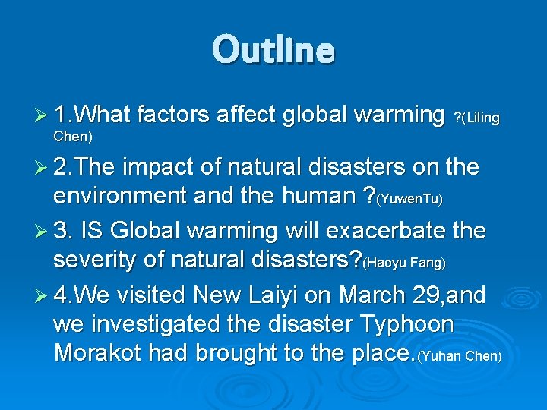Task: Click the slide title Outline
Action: [x=273, y=49]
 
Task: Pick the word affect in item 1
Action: [x=246, y=115]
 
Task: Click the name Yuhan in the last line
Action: [x=442, y=357]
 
